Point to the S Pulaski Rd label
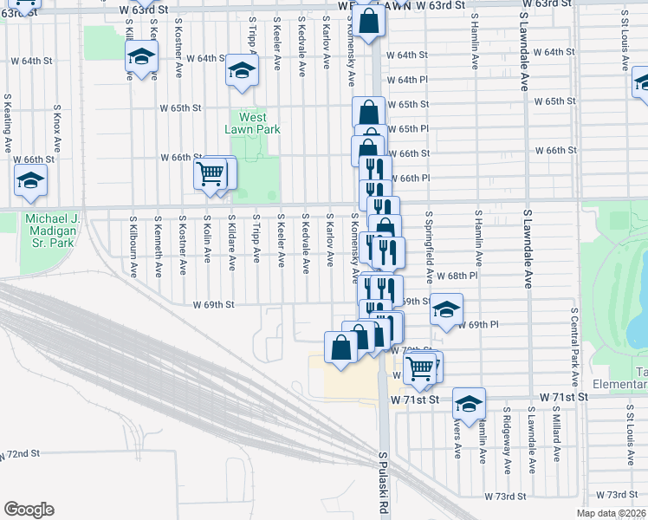(382, 482)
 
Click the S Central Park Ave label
(574, 346)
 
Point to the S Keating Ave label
(7, 123)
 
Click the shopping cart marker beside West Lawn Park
(211, 174)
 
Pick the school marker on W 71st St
(469, 404)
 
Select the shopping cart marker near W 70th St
(420, 368)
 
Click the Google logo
(29, 510)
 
